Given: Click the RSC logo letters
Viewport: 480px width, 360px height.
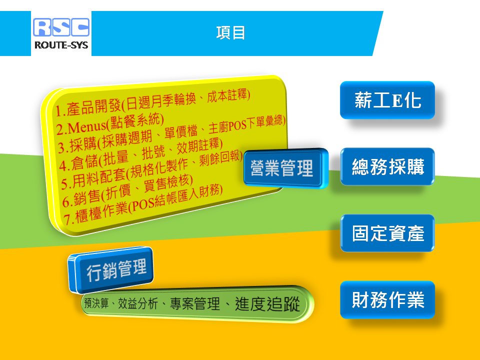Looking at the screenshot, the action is click(x=61, y=27).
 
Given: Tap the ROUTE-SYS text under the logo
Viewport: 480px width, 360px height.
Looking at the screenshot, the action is click(x=61, y=45).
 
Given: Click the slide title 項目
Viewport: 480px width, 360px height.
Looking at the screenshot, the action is click(x=231, y=33).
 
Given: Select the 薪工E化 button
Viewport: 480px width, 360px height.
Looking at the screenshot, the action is click(x=387, y=100).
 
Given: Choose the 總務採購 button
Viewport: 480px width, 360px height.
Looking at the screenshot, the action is click(x=387, y=167).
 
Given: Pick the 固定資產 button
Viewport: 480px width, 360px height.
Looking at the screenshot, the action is click(x=387, y=233).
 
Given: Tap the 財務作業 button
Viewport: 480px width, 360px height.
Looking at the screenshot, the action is click(x=387, y=299).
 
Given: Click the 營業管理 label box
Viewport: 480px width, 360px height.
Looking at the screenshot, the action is click(x=285, y=168).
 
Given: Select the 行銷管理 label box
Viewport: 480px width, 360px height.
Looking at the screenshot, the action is click(x=111, y=269).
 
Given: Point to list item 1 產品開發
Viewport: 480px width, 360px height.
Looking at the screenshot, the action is click(x=153, y=102).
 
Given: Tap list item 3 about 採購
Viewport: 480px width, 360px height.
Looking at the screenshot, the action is click(x=171, y=133).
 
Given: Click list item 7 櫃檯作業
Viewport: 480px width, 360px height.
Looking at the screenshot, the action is click(x=143, y=204).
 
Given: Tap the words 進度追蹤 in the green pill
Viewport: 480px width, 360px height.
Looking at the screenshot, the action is click(x=267, y=304).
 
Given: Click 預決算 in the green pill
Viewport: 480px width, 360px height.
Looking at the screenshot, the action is click(x=96, y=303).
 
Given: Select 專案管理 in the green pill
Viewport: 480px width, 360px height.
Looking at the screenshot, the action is click(x=195, y=303).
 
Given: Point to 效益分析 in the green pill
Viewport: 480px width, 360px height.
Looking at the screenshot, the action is click(x=138, y=303).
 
